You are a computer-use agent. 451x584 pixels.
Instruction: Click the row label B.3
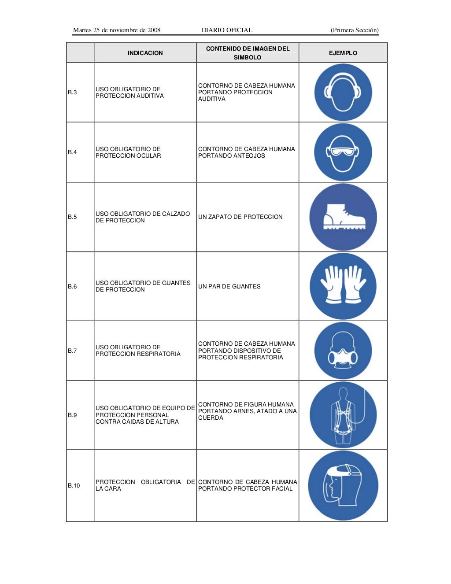[x=72, y=92]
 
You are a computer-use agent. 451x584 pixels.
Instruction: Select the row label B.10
[x=74, y=485]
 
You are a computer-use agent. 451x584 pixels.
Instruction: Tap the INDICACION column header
[x=145, y=53]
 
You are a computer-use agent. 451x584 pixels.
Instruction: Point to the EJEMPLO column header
[x=343, y=53]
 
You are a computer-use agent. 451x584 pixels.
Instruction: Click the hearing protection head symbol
[x=343, y=92]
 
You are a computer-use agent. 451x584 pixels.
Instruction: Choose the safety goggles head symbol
[x=343, y=152]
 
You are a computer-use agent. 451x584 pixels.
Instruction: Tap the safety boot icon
[x=343, y=217]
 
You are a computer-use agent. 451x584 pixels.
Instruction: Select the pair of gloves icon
[x=343, y=286]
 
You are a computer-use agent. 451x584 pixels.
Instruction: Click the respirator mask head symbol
[x=343, y=351]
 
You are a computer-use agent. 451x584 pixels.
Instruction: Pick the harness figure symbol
[x=343, y=415]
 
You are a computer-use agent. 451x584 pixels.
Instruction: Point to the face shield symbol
[x=343, y=485]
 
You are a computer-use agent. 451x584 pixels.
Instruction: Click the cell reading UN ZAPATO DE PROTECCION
[x=240, y=217]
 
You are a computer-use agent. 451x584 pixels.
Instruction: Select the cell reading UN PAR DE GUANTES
[x=229, y=286]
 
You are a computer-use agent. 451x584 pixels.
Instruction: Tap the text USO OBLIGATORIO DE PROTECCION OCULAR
[x=128, y=152]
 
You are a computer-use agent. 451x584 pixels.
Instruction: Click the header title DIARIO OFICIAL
[x=227, y=30]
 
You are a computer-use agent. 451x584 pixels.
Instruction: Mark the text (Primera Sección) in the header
[x=355, y=30]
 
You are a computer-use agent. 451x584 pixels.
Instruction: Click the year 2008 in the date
[x=154, y=30]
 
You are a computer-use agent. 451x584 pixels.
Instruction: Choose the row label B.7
[x=72, y=351]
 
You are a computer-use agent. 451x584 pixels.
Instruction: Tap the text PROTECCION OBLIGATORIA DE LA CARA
[x=145, y=485]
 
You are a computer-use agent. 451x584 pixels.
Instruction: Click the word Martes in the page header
[x=82, y=30]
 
